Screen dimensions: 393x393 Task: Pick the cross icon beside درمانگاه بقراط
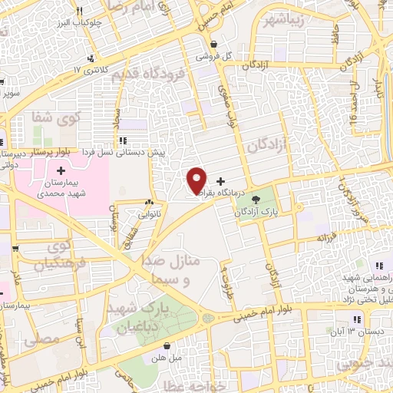coord(221,180)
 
